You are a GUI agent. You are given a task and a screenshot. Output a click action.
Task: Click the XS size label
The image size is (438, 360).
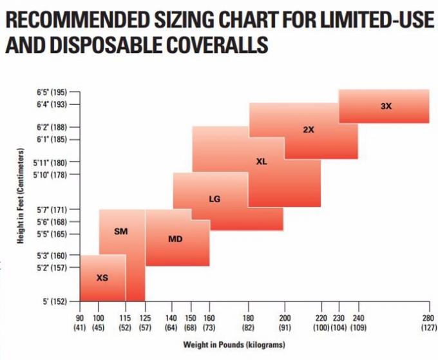click(x=102, y=278)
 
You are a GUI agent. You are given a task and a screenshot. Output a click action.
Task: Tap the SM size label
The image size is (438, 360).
click(x=120, y=231)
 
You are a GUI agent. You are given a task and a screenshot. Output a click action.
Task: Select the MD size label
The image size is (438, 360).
click(x=175, y=239)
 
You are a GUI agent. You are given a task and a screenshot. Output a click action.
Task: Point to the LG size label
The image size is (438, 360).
click(x=214, y=199)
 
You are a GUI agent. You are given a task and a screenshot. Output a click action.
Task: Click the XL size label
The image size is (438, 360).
click(x=262, y=161)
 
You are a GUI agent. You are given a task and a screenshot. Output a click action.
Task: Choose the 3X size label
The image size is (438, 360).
click(x=386, y=106)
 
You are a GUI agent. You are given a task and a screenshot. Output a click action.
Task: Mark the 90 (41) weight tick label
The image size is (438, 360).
click(x=80, y=322)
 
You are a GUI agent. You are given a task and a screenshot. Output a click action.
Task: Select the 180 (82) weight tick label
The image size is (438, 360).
click(x=247, y=322)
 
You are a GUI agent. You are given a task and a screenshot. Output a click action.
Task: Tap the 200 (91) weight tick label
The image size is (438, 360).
click(x=284, y=322)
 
